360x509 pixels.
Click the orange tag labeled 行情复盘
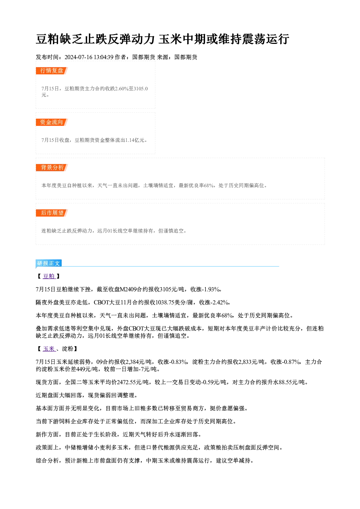(52, 71)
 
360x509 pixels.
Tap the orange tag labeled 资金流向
(52, 122)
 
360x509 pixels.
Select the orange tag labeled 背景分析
(52, 168)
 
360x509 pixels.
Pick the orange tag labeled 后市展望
(52, 213)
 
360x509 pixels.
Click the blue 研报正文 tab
(49, 263)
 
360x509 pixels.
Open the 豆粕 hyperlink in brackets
(49, 276)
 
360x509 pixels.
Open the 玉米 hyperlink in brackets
(49, 349)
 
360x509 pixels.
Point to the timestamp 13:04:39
(104, 57)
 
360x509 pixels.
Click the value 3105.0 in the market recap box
(141, 89)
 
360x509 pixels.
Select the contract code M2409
(128, 290)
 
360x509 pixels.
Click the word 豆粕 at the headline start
(48, 39)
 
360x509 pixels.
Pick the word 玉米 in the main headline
(170, 39)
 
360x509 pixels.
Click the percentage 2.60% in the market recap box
(122, 89)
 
